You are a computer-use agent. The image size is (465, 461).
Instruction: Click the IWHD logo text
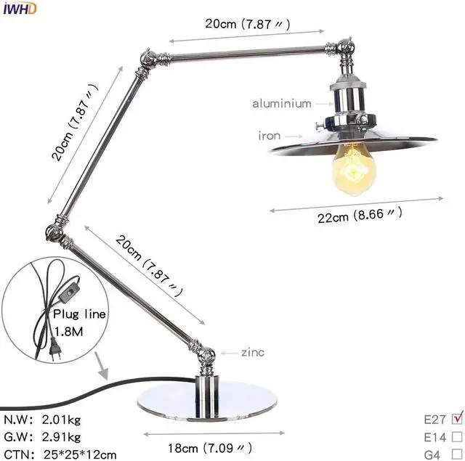17,8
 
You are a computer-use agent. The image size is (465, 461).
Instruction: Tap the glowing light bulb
354,168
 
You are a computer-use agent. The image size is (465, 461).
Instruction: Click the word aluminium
281,104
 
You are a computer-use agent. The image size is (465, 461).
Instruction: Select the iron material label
269,135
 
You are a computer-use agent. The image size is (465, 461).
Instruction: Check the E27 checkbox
457,417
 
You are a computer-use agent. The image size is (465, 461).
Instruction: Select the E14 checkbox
457,436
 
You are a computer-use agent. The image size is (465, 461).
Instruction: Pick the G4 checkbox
457,453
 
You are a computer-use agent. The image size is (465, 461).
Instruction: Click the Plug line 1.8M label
79,322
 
